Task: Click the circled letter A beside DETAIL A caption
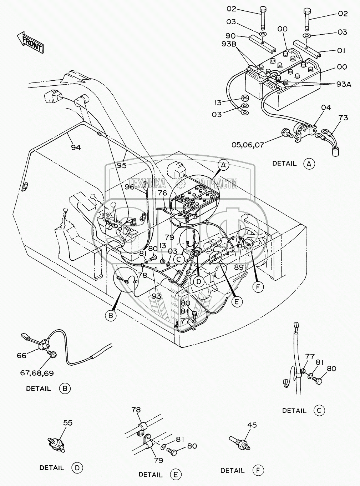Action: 309,164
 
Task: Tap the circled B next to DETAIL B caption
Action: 65,389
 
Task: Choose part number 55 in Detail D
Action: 67,423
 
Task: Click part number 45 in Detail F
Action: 252,425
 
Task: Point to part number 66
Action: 21,355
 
